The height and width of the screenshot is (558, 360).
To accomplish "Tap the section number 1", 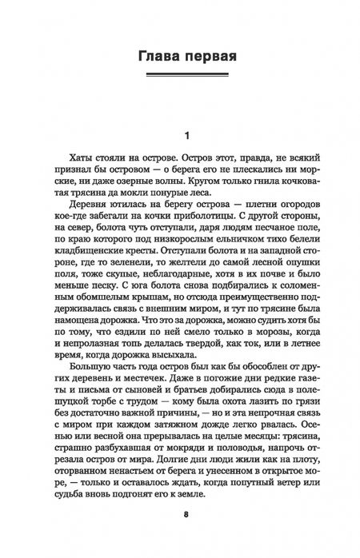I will point(185,135).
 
